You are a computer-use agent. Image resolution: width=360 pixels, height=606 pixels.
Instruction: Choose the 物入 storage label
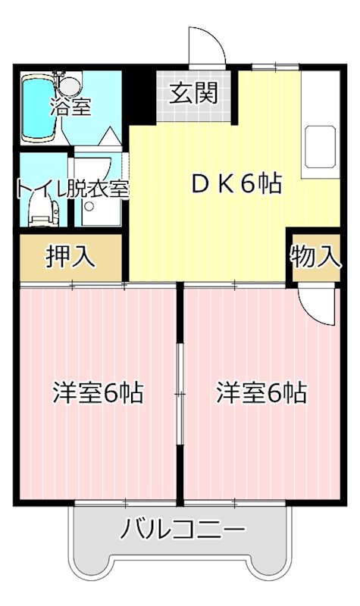(x=314, y=255)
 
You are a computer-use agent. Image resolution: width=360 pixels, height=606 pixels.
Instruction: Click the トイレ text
(x=38, y=188)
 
